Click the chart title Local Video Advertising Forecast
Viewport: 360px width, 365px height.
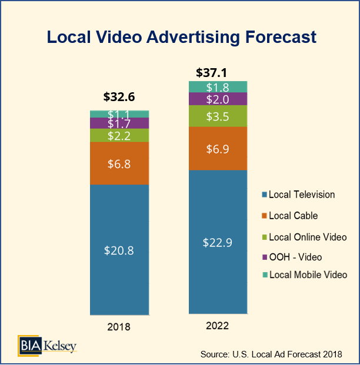[181, 37]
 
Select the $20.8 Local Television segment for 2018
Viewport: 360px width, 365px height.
[119, 250]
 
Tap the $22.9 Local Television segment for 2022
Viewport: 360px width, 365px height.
[217, 242]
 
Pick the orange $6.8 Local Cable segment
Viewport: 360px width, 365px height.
[119, 163]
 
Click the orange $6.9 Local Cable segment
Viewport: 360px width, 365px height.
[217, 149]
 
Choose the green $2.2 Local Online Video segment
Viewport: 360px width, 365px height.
[119, 135]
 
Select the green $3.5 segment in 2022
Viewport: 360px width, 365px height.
[217, 116]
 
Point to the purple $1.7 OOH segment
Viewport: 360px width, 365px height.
[119, 123]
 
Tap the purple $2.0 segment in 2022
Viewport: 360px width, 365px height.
[217, 99]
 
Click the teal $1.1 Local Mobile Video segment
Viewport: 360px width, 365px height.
[119, 114]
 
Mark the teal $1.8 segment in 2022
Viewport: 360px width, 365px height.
[217, 87]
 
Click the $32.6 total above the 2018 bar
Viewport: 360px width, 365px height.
[119, 97]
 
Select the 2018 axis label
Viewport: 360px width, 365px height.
[119, 327]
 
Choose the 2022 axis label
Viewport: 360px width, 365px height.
[217, 326]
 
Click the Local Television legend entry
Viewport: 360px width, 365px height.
[298, 195]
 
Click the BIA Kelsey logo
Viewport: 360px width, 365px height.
[47, 345]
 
